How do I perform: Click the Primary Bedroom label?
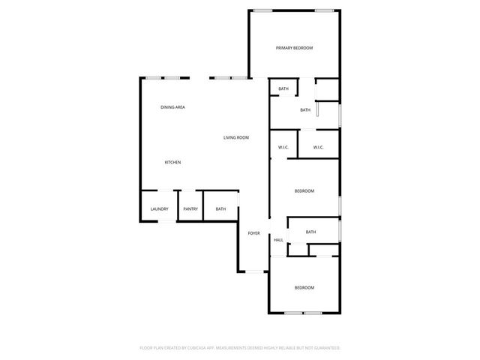[294, 48]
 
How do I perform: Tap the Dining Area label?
[172, 107]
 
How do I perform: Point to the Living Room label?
[236, 137]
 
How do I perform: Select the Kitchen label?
[172, 163]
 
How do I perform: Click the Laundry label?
[159, 209]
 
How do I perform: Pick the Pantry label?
[190, 209]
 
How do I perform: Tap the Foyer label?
[254, 233]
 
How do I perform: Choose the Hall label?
[278, 240]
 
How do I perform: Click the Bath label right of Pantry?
[220, 209]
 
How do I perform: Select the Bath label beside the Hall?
[310, 232]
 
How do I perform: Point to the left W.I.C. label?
[283, 147]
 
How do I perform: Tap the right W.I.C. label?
[318, 147]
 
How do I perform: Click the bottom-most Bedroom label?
[304, 288]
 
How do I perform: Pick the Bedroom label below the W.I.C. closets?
[304, 191]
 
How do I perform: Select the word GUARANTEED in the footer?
[327, 348]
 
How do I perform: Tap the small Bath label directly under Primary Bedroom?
[283, 89]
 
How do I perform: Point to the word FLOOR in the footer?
[147, 348]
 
